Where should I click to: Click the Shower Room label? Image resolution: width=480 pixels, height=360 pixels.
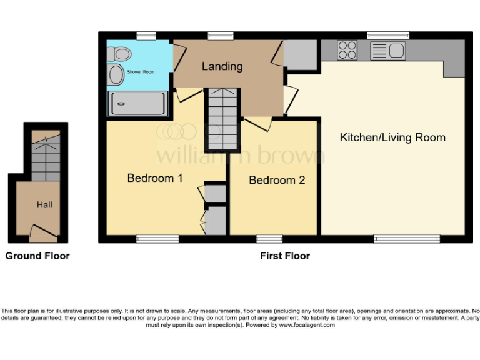click(141, 72)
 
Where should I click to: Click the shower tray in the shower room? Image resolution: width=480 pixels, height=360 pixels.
click(139, 104)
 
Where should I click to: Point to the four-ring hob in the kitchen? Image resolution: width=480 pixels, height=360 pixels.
click(347, 50)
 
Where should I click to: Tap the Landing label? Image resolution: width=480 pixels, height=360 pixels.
click(222, 66)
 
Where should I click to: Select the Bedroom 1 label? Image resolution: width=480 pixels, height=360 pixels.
click(155, 178)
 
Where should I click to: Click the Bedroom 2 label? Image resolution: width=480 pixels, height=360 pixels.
click(277, 180)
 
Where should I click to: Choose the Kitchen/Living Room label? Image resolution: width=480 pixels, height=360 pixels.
click(392, 137)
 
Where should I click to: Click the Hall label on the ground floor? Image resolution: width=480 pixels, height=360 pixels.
click(44, 204)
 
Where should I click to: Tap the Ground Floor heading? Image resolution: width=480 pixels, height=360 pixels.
click(37, 256)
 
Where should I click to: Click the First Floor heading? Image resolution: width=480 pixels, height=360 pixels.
click(285, 256)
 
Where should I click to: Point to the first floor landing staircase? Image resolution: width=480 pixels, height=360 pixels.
click(223, 119)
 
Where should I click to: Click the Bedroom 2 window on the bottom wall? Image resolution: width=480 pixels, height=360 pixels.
click(269, 239)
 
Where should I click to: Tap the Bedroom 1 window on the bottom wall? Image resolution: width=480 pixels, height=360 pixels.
click(157, 239)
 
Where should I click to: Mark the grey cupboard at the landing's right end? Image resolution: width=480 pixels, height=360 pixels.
click(301, 55)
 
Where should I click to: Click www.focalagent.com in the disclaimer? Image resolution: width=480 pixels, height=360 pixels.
click(307, 325)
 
